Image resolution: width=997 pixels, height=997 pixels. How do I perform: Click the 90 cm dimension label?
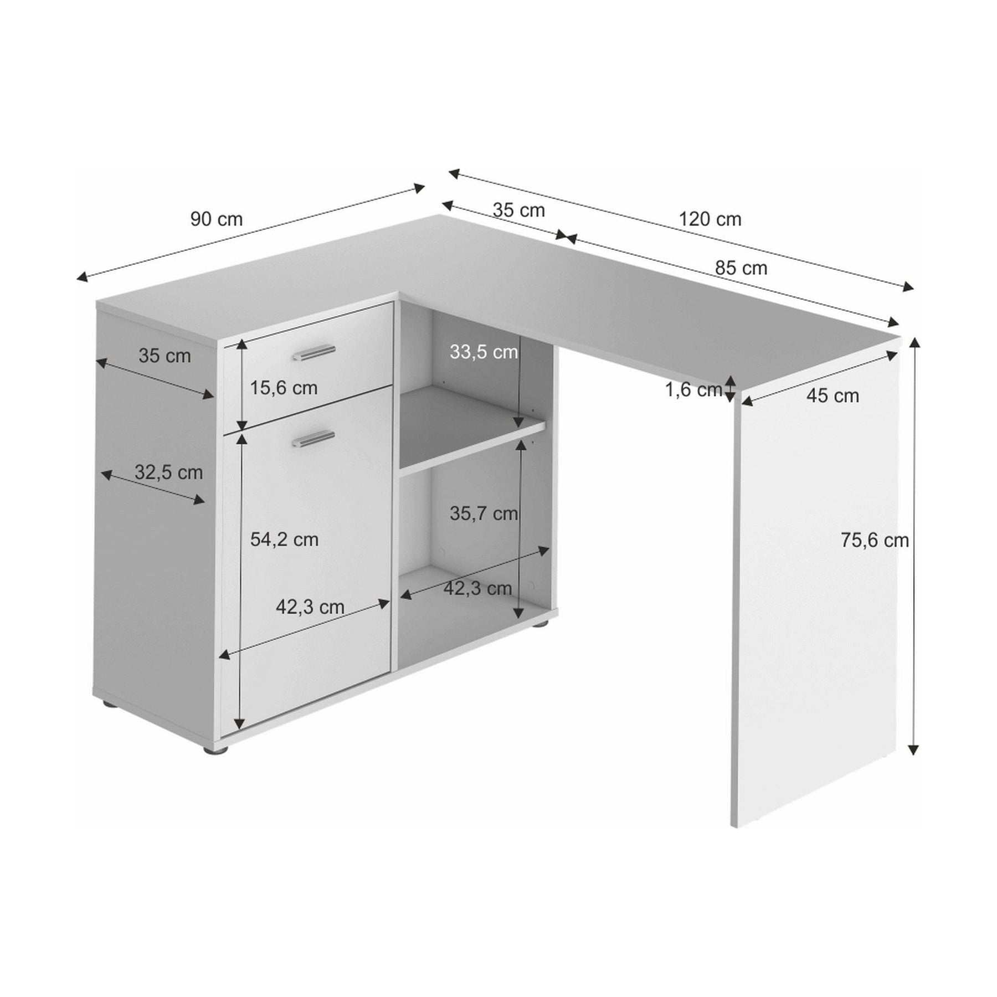[217, 219]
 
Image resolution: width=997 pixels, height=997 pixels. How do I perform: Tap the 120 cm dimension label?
[710, 219]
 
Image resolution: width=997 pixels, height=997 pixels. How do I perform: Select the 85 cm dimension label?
[741, 268]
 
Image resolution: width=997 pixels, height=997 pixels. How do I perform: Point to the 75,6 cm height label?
[875, 540]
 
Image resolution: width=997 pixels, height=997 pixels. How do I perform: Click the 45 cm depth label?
[832, 395]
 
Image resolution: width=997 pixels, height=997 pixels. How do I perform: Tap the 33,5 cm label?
[484, 352]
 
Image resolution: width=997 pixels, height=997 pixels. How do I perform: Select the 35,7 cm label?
[484, 513]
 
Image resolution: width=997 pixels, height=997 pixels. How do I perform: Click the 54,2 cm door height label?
[284, 539]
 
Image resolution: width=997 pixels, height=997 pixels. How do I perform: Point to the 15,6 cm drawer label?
[284, 388]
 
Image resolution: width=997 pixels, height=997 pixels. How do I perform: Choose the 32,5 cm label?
[168, 472]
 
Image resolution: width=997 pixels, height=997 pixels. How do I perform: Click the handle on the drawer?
[315, 352]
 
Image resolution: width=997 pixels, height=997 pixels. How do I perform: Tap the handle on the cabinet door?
[314, 438]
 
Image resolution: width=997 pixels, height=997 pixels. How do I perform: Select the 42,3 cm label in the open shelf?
[477, 588]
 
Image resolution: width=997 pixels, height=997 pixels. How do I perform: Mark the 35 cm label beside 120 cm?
[519, 210]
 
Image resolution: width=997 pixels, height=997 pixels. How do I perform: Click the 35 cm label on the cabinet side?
[165, 356]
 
